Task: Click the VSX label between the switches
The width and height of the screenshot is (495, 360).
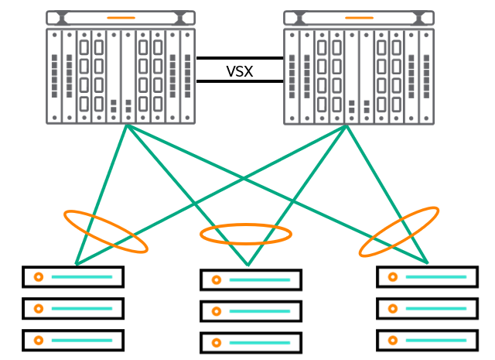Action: pyautogui.click(x=240, y=71)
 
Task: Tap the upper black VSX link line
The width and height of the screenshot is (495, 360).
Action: pyautogui.click(x=240, y=58)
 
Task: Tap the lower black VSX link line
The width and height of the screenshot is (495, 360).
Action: pyautogui.click(x=240, y=81)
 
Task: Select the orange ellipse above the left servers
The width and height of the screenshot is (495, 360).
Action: pyautogui.click(x=105, y=231)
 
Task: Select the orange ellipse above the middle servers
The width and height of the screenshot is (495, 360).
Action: pyautogui.click(x=246, y=234)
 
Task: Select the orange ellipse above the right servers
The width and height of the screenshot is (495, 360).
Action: pyautogui.click(x=399, y=231)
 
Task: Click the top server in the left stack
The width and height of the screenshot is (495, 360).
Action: pyautogui.click(x=73, y=277)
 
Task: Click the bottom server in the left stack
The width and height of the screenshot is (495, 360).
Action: pyautogui.click(x=73, y=340)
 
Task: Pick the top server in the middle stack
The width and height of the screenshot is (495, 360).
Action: pyautogui.click(x=251, y=279)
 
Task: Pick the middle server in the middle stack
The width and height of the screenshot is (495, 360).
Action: pyautogui.click(x=251, y=311)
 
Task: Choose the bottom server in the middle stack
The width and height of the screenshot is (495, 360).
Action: pyautogui.click(x=251, y=342)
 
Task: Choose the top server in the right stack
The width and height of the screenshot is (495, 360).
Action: pyautogui.click(x=427, y=276)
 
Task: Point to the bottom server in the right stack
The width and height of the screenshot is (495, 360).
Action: pyautogui.click(x=427, y=340)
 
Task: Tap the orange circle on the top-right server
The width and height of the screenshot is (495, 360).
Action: pyautogui.click(x=392, y=276)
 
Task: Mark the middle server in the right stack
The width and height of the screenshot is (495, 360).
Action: pyautogui.click(x=427, y=308)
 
